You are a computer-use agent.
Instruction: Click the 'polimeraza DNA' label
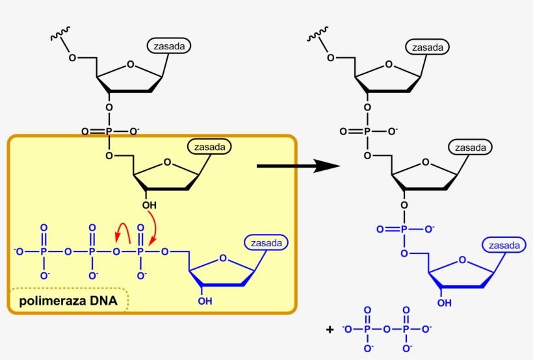coord(68,301)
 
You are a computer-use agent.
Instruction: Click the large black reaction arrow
coord(298,166)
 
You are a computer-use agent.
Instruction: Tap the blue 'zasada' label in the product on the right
coord(504,245)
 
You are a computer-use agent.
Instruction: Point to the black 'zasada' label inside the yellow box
coord(209,148)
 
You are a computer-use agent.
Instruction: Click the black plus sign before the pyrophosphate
coord(330,330)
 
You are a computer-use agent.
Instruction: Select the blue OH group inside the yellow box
coord(205,301)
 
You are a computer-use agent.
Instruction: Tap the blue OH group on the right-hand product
coord(443,303)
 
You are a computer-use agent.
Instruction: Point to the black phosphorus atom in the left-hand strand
coord(109,131)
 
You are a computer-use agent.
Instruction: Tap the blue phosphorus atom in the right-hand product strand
coord(404,229)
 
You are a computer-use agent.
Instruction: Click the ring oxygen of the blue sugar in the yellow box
coord(222,258)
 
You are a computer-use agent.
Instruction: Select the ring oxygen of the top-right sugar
coord(389,64)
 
